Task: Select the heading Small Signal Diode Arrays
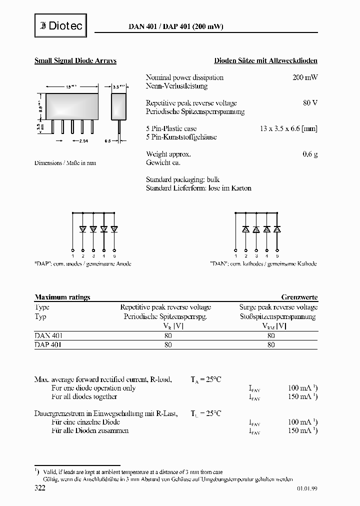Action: [x=75, y=60]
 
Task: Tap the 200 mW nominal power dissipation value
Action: [x=305, y=77]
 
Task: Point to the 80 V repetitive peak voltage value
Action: [x=310, y=103]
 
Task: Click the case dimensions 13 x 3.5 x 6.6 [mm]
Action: [x=288, y=128]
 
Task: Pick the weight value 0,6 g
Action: [x=310, y=154]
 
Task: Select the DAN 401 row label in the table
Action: [x=48, y=336]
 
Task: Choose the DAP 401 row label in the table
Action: [x=48, y=344]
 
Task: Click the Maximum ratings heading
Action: [x=62, y=297]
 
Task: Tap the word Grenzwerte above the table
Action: [x=299, y=297]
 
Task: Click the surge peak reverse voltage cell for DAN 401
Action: [x=271, y=336]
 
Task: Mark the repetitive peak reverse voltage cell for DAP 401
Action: [x=167, y=344]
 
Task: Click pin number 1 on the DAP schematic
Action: [x=73, y=255]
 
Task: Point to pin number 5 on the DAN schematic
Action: [x=277, y=255]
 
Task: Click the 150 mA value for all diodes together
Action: [x=300, y=396]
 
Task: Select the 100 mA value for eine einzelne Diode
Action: [x=300, y=422]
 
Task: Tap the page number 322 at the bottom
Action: [x=40, y=487]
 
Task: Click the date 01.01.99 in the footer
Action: [x=306, y=488]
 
